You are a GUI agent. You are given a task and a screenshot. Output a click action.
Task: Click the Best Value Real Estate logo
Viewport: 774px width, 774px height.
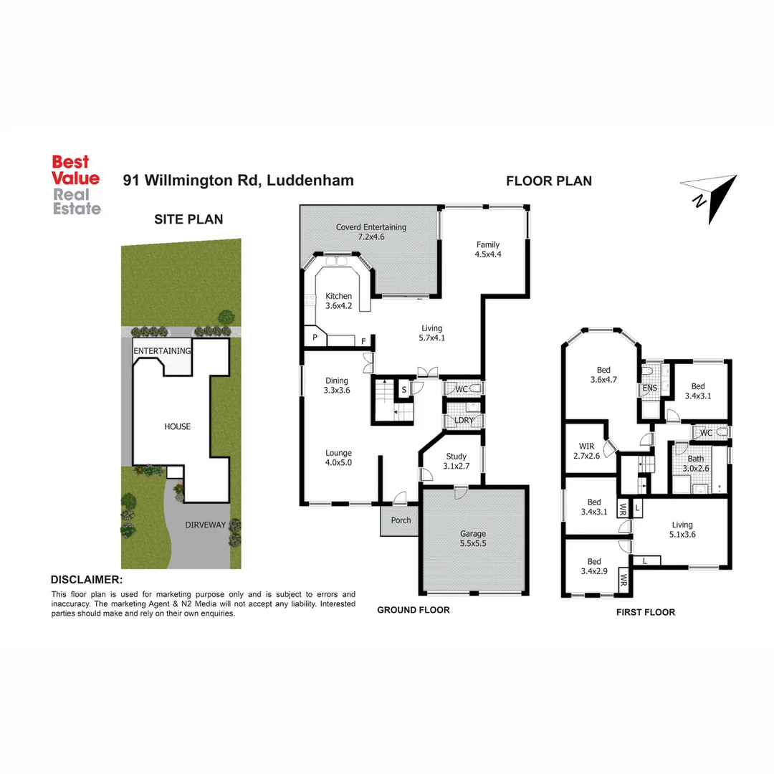pos(75,186)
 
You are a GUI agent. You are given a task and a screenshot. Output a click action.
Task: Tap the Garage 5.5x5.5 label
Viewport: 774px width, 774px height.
pos(473,539)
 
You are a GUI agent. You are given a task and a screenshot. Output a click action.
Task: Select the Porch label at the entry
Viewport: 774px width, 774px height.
pos(401,520)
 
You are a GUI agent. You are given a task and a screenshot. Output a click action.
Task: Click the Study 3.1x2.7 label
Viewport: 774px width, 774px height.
pos(457,462)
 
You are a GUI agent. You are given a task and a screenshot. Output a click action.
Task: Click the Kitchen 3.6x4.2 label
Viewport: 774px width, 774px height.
pos(339,301)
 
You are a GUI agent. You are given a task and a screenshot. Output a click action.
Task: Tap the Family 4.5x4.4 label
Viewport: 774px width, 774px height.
pos(487,249)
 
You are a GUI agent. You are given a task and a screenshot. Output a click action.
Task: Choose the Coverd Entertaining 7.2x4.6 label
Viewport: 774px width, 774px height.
pos(371,231)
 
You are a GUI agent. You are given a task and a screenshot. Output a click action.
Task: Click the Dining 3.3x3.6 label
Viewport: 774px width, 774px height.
pos(337,386)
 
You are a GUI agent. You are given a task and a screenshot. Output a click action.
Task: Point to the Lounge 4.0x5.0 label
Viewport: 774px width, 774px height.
pos(338,457)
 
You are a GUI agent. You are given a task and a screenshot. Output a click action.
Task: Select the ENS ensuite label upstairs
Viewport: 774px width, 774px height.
pos(649,389)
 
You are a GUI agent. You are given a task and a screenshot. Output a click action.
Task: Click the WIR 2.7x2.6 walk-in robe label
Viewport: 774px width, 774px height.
pos(586,451)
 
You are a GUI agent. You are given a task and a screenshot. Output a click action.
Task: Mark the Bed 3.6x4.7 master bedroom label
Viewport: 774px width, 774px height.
pos(603,375)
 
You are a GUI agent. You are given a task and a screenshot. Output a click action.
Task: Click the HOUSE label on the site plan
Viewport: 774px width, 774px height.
pos(178,426)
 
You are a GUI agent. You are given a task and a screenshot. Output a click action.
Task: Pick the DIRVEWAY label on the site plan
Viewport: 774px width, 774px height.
pos(206,525)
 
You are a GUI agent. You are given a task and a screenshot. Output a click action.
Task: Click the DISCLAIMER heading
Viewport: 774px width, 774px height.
pos(86,580)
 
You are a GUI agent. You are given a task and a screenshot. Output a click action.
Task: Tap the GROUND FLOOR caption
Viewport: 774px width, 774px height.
pos(414,610)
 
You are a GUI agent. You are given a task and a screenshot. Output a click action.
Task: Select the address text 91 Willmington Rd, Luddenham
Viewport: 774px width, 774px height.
pos(239,181)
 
